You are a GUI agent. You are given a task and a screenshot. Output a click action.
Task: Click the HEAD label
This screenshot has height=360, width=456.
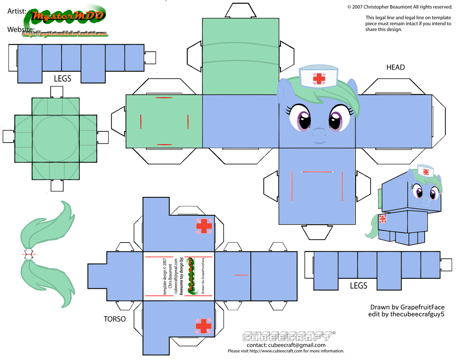395,67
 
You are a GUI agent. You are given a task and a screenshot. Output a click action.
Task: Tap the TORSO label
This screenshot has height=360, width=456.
114,319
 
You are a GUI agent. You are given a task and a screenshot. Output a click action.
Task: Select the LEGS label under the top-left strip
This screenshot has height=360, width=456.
62,79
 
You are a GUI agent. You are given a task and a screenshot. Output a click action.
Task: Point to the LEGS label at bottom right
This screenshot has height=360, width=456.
358,286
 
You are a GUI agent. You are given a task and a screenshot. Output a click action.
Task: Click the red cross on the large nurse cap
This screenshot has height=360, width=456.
319,79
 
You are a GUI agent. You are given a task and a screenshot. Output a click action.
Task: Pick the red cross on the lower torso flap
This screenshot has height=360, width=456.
203,326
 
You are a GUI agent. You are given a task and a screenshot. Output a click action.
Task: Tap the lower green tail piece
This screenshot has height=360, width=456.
48,281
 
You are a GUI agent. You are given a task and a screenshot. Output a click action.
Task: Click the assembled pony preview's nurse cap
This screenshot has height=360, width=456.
425,171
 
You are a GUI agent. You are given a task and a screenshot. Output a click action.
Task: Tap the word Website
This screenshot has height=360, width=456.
21,30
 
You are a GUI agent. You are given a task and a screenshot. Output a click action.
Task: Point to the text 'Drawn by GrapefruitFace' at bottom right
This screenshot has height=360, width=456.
407,307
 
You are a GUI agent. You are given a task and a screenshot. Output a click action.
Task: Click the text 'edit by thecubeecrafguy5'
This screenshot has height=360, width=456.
406,314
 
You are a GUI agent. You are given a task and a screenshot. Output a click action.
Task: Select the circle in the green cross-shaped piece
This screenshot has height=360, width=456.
55,139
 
